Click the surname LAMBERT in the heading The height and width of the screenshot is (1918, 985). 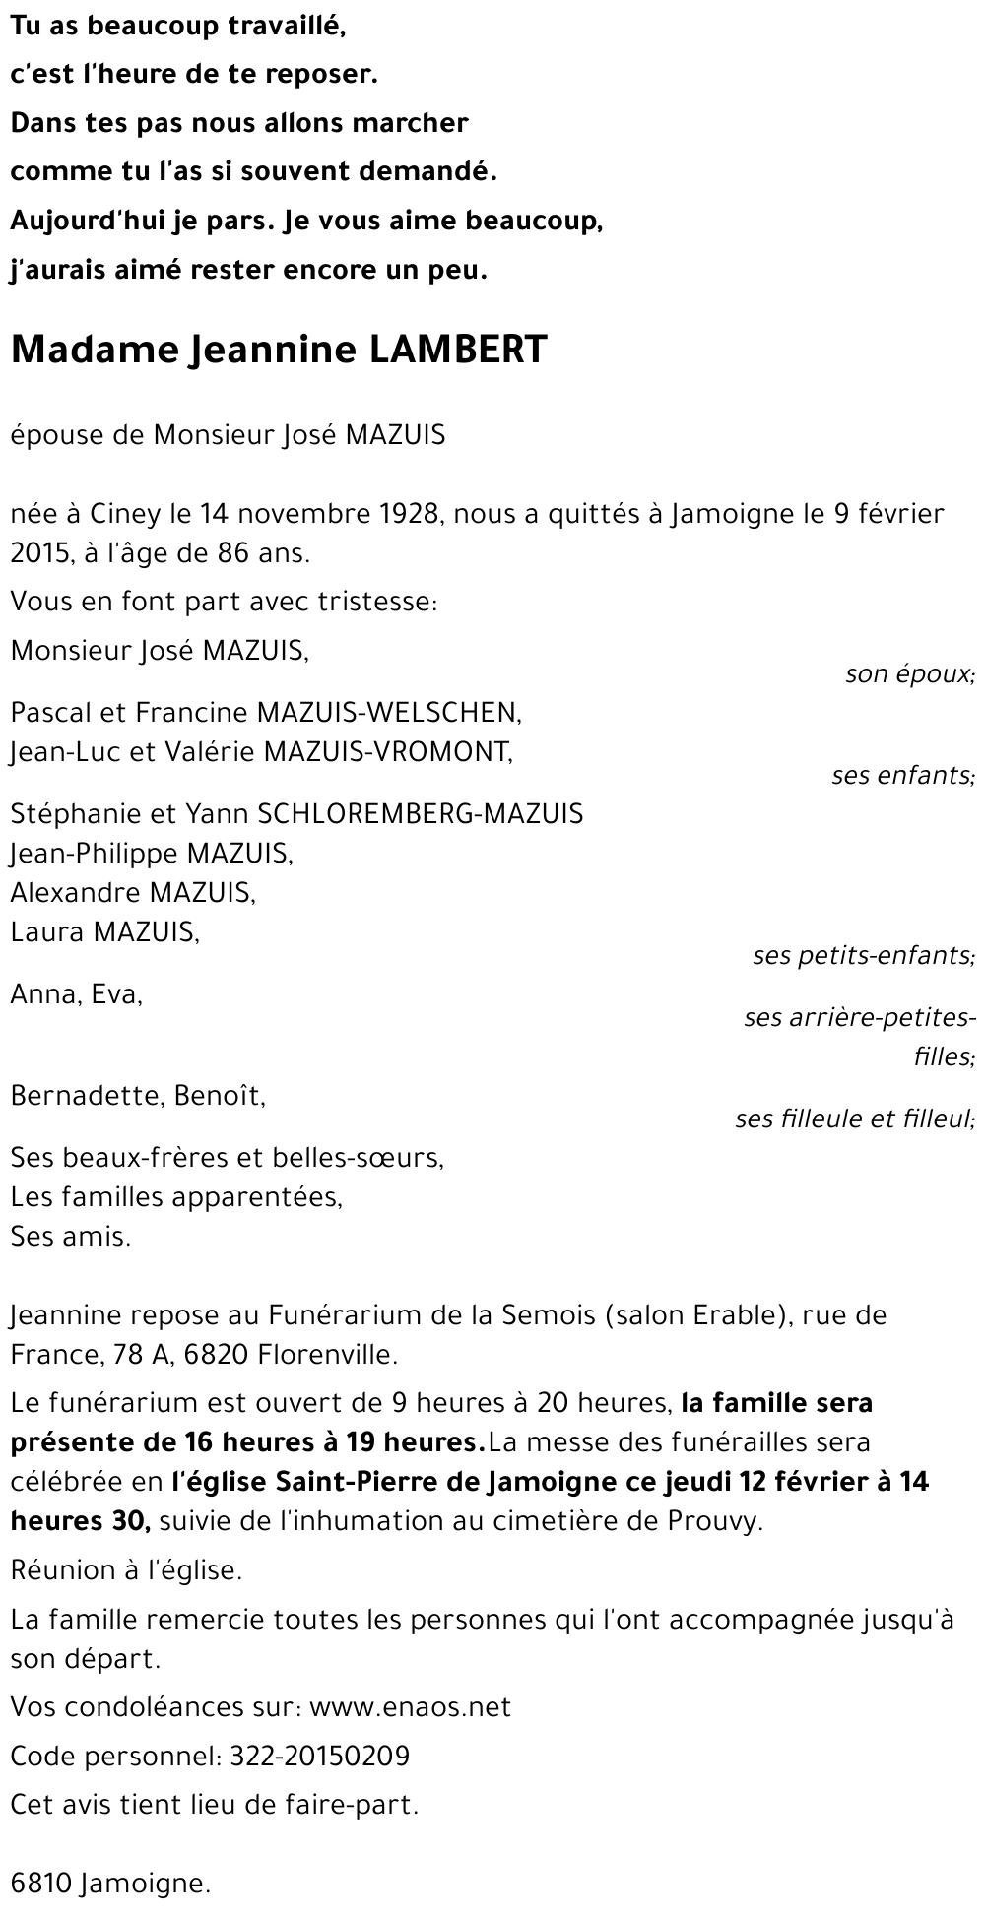(457, 351)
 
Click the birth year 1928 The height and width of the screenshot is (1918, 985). (403, 514)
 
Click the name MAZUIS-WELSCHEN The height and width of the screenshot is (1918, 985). (388, 712)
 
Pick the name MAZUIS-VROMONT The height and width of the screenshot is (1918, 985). (388, 752)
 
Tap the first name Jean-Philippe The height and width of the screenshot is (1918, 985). (95, 853)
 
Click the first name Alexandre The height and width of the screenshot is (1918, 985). (75, 893)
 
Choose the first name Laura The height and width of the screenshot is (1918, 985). (46, 932)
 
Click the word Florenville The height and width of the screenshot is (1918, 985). (327, 1355)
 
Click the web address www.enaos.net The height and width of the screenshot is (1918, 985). (410, 1707)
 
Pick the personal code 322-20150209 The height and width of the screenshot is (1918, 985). (319, 1757)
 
